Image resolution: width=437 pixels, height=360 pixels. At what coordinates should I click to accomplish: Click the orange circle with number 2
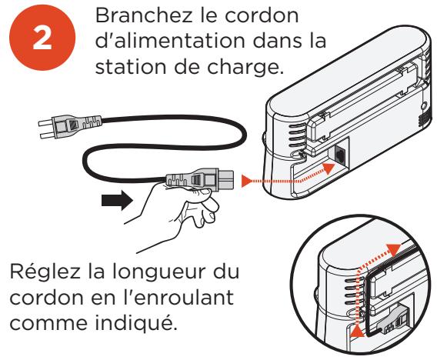(x=42, y=38)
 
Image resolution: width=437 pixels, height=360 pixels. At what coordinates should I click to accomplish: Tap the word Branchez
(x=144, y=15)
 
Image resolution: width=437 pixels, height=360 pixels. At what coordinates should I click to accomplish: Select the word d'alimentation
(x=170, y=41)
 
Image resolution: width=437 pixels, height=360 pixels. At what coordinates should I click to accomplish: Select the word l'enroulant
(x=175, y=297)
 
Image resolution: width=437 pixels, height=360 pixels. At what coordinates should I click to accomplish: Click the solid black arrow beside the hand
(x=117, y=200)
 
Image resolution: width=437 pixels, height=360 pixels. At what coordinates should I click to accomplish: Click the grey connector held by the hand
(x=199, y=179)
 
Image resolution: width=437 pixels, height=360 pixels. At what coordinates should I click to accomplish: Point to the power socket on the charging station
(x=340, y=155)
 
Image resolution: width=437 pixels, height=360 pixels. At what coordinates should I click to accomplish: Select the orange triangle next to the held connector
(x=246, y=181)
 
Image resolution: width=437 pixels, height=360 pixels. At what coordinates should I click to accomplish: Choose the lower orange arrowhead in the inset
(x=357, y=332)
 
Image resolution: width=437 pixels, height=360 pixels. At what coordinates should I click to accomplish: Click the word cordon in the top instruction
(x=262, y=15)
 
